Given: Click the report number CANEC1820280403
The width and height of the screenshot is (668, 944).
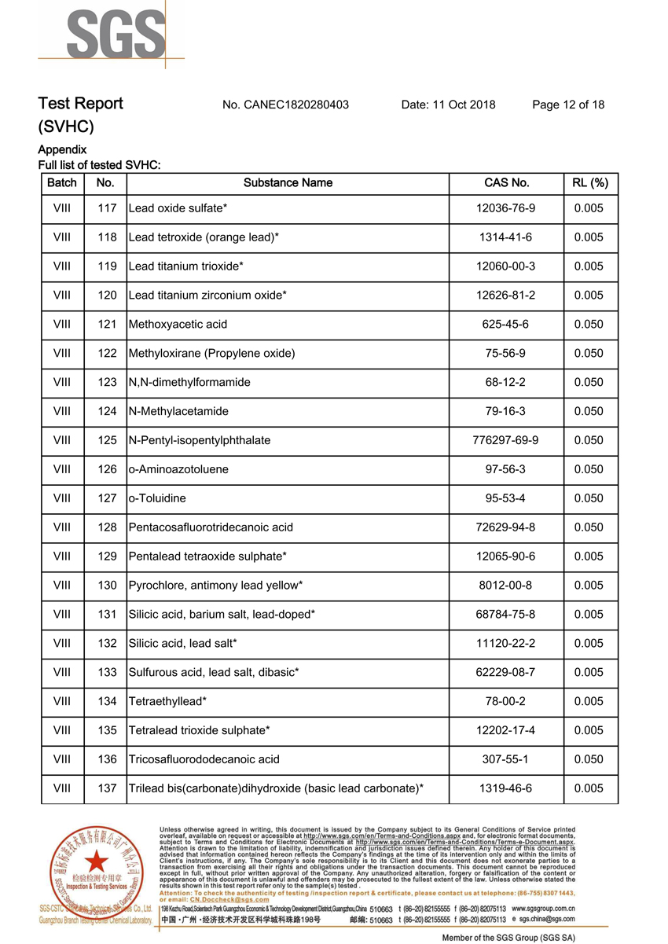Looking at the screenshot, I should click(285, 105).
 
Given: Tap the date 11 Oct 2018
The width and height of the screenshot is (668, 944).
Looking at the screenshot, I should click(448, 105).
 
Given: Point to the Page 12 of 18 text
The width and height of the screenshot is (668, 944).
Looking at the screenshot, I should click(568, 105).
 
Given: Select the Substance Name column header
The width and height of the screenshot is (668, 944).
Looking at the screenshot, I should click(288, 183).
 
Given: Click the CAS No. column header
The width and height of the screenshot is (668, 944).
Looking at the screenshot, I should click(506, 183).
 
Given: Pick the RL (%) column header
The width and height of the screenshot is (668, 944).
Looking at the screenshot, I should click(590, 183).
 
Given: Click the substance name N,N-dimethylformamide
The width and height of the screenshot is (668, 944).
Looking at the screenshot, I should click(189, 383).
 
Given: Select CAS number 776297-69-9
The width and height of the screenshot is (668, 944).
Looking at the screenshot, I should click(506, 440).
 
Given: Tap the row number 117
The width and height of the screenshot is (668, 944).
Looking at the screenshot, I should click(106, 208).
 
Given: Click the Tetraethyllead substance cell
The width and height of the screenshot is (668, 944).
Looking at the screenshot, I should click(167, 701).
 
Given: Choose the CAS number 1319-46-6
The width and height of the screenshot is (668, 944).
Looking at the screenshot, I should click(506, 788).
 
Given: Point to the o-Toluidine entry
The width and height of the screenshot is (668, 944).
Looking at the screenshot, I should click(157, 498).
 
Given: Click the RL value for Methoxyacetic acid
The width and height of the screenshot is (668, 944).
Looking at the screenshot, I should click(589, 325).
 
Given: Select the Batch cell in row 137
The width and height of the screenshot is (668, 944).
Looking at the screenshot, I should click(62, 788).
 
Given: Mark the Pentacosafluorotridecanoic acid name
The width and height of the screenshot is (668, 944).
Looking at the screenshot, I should click(211, 527).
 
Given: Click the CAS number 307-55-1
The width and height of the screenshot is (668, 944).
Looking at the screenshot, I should click(506, 759).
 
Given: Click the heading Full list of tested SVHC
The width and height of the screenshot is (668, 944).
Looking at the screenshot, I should click(100, 165).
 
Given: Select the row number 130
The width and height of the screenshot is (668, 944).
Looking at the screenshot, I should click(106, 586).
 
